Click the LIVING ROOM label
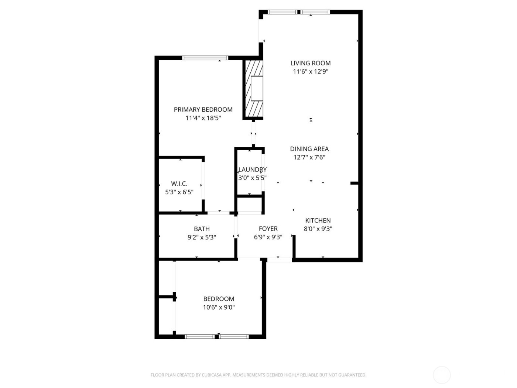coord(310,63)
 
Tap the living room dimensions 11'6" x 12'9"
coord(310,72)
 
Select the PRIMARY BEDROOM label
coord(203,109)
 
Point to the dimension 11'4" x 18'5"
coord(203,118)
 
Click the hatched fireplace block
coord(253,89)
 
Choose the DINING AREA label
coord(309,149)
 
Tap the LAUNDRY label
coord(252,170)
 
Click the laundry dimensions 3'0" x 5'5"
coord(252,178)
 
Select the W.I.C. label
coord(179,184)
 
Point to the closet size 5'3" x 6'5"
coord(179,192)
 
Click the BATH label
coord(202,229)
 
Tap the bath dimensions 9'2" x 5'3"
coord(202,237)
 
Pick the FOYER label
coord(268,229)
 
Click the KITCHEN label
coord(318,221)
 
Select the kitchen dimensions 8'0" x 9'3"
coord(318,229)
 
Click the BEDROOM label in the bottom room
coord(219,299)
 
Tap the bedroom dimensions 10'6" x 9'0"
coord(219,307)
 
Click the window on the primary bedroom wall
coord(205,58)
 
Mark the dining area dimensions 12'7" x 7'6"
coord(309,157)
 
